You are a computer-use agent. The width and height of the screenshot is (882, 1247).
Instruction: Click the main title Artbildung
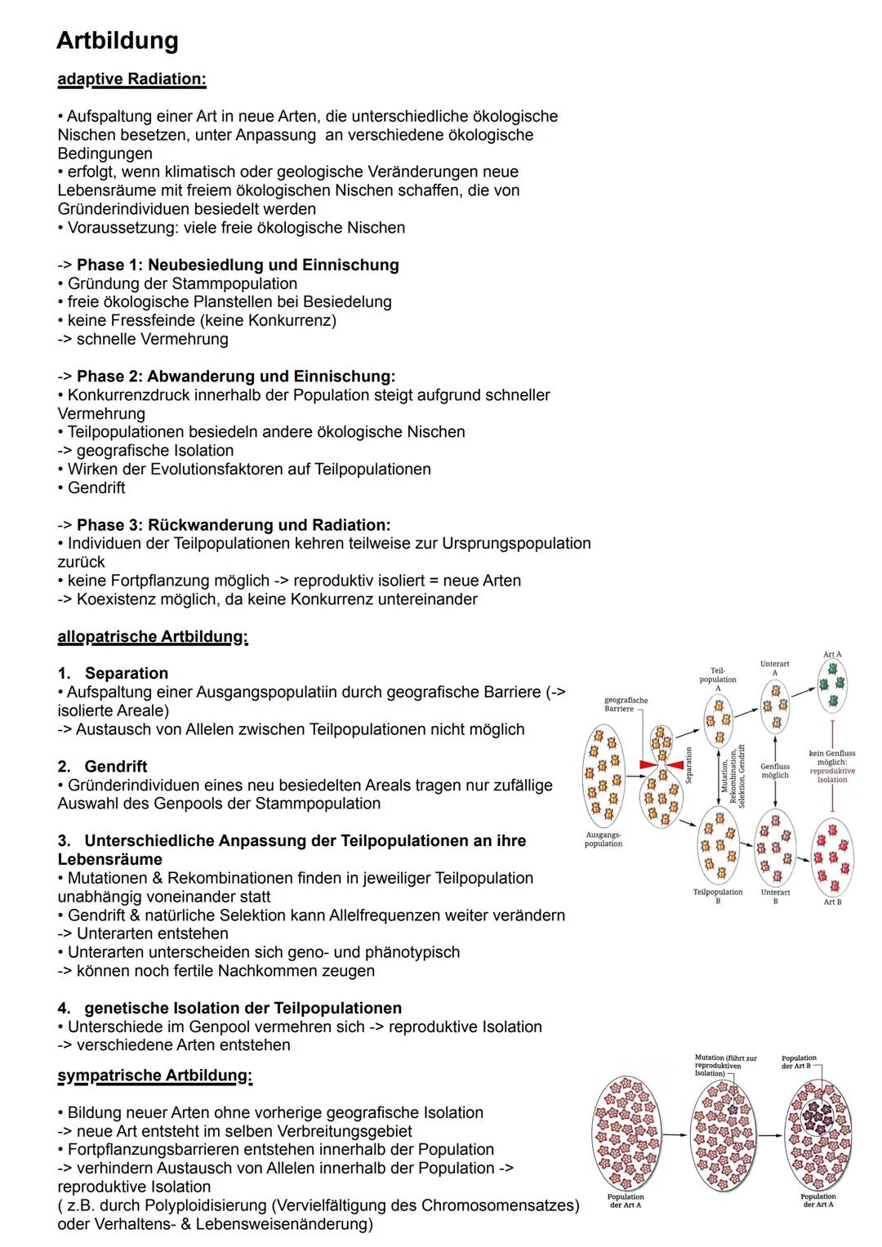tap(118, 40)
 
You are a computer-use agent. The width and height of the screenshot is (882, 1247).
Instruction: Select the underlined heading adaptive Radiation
tap(131, 79)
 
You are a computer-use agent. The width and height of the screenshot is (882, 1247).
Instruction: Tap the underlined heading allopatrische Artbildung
tap(152, 636)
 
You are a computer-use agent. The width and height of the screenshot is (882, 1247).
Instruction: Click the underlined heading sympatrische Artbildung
tap(154, 1076)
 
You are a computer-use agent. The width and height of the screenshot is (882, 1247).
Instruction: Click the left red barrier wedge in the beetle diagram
tap(647, 764)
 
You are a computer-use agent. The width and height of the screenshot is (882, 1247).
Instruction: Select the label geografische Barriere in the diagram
tap(626, 705)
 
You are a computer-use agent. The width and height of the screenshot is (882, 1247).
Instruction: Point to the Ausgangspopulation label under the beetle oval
tap(604, 839)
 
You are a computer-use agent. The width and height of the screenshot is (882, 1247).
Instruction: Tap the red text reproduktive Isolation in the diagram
tap(832, 775)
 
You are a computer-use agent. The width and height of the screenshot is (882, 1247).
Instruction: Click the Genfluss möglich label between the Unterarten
tap(775, 771)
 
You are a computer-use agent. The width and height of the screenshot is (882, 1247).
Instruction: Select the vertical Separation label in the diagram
tap(689, 765)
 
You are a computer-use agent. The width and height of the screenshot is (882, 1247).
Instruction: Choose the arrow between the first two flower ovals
tap(671, 1134)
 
